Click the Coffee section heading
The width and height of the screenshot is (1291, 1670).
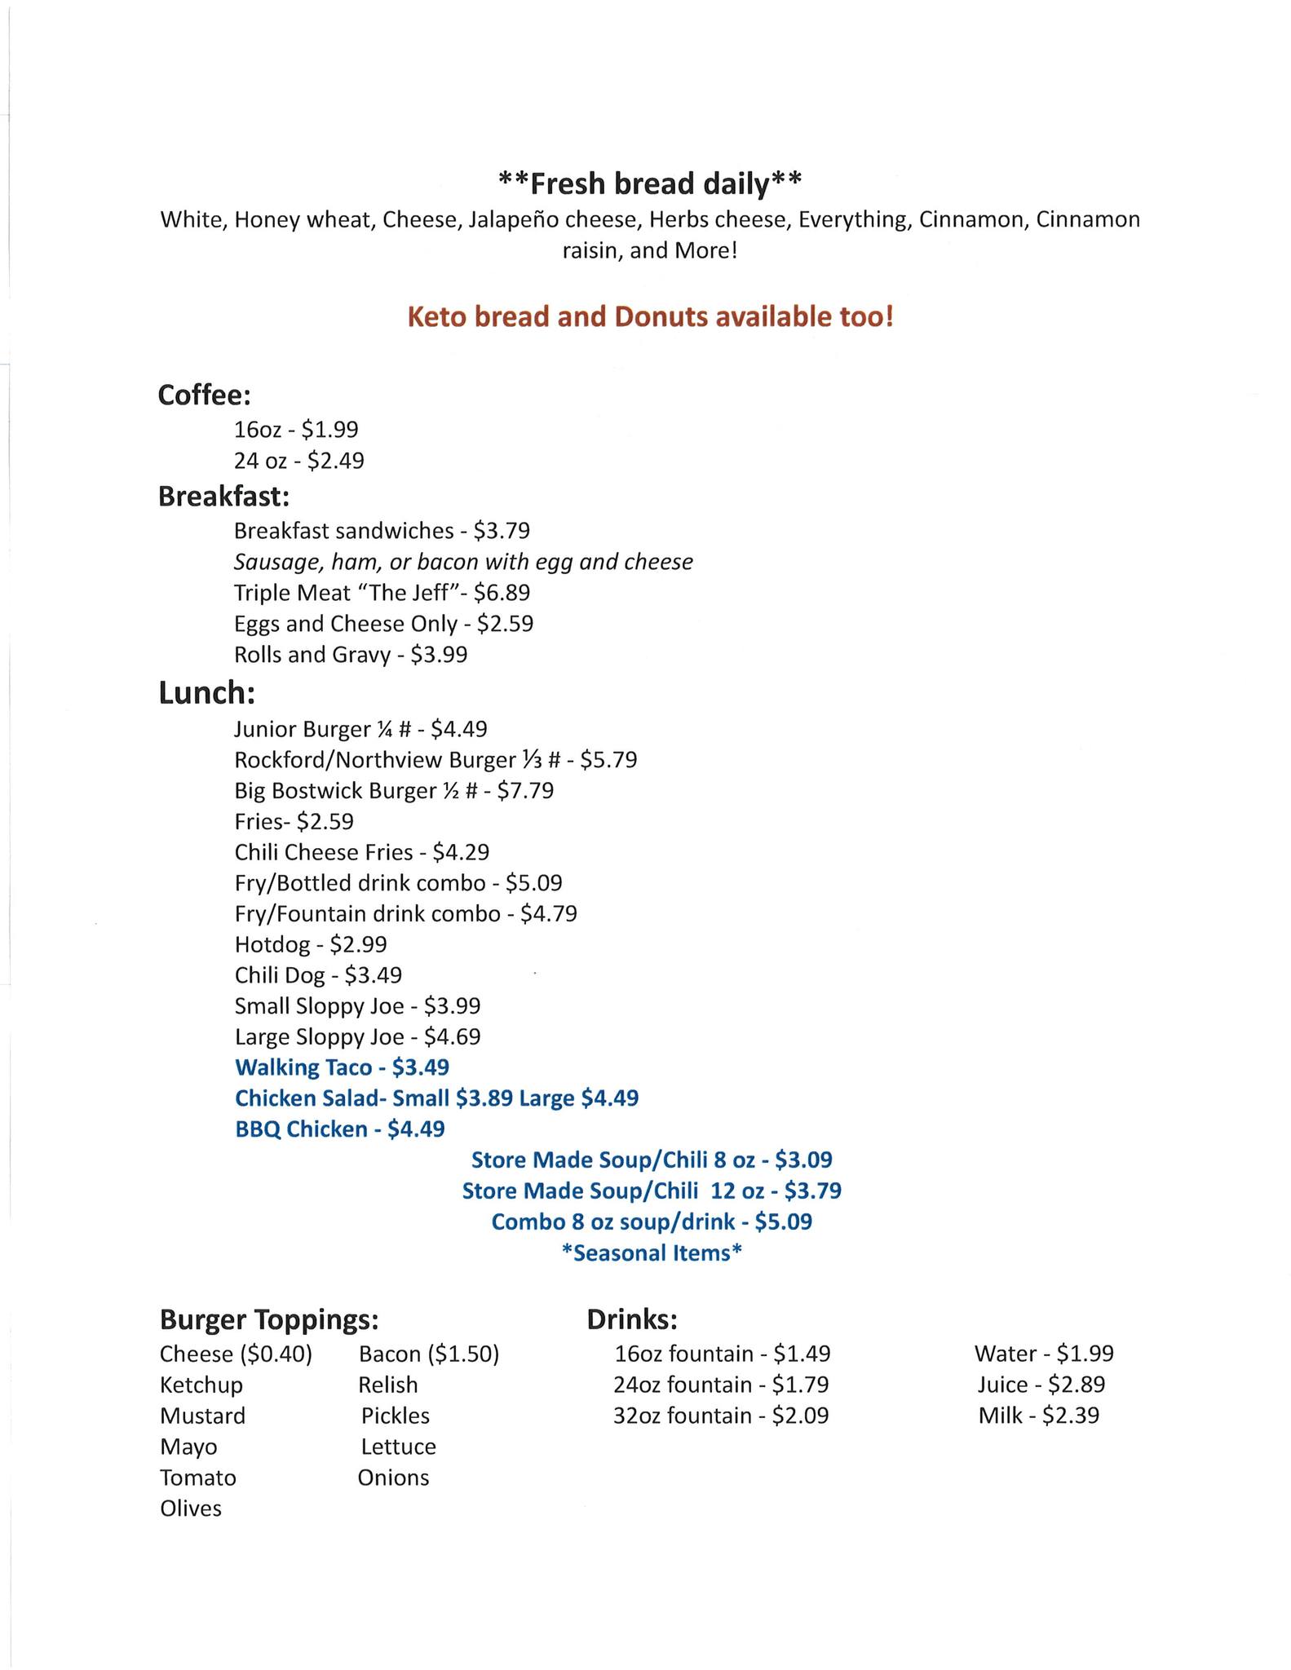point(204,395)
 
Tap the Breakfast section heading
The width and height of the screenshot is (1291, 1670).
point(223,496)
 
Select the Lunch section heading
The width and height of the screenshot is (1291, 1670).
point(206,693)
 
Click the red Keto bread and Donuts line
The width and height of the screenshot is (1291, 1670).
point(650,316)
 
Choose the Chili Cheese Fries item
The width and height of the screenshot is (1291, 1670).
point(323,853)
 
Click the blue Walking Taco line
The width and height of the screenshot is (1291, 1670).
point(342,1067)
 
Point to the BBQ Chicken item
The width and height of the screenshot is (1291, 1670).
point(301,1129)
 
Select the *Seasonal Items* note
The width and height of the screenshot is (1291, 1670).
point(652,1252)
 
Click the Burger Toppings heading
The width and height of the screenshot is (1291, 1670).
point(269,1319)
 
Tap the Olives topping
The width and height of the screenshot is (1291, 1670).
point(191,1509)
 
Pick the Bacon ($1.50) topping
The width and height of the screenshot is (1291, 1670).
point(428,1354)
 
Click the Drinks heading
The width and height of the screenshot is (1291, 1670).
point(632,1319)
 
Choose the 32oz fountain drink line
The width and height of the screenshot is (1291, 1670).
point(720,1416)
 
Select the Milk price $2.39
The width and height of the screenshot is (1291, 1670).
point(1070,1416)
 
